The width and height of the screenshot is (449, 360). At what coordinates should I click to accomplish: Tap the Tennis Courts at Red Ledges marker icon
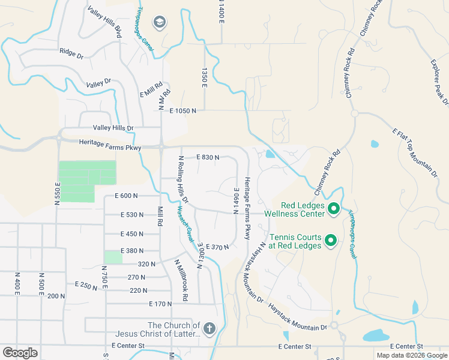(330, 241)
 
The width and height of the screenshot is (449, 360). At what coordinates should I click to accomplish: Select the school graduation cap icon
(159, 23)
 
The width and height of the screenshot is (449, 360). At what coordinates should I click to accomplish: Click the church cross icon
(209, 328)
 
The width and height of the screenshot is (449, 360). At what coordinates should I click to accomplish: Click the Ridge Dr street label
(71, 53)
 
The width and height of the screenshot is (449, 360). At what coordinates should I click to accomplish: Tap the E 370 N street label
(217, 247)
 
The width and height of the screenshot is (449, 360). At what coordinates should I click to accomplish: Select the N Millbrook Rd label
(181, 280)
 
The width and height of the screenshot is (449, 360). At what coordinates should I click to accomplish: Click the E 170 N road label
(160, 304)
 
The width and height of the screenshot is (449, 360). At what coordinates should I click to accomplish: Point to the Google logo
(20, 352)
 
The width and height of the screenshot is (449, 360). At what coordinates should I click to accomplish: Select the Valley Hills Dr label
(113, 128)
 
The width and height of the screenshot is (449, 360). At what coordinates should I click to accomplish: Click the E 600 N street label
(126, 196)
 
